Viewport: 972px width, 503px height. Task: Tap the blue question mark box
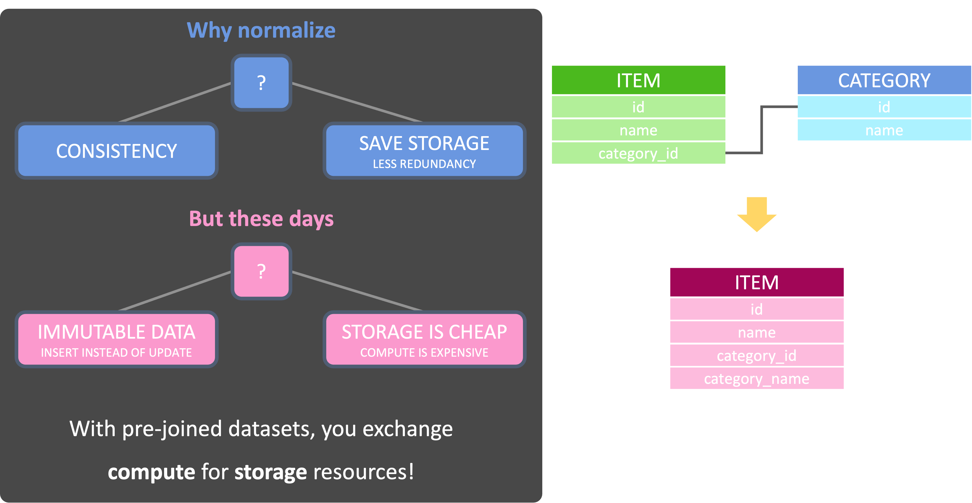tap(261, 83)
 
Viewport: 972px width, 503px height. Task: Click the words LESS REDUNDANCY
tap(424, 164)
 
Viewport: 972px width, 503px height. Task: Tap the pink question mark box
tap(261, 271)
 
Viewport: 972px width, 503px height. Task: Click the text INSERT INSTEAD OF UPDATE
tap(116, 352)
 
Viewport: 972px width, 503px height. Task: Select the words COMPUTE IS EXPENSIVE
tap(424, 352)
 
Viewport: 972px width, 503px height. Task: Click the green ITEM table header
tap(638, 80)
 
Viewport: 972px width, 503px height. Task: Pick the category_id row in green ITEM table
tap(638, 153)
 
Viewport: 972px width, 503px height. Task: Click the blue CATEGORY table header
tap(884, 80)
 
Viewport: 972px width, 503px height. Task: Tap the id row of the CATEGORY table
tap(884, 107)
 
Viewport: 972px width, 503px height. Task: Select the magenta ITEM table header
tap(756, 282)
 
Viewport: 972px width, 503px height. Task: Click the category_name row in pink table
tap(756, 378)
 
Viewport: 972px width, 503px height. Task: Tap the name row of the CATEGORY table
tap(884, 130)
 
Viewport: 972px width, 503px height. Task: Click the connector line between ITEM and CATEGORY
tap(762, 130)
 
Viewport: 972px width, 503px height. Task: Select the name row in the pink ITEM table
tap(756, 332)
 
